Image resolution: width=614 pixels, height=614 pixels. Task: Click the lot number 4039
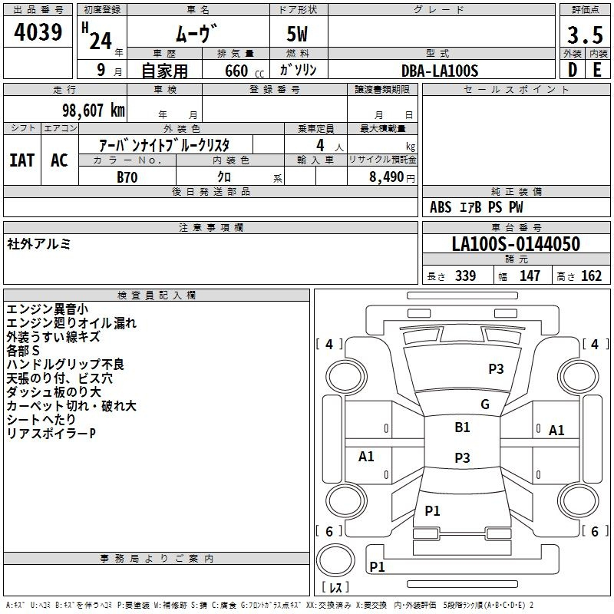click(x=38, y=32)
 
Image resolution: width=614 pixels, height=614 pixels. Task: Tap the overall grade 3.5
click(x=585, y=35)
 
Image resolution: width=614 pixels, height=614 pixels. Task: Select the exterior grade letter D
click(x=573, y=70)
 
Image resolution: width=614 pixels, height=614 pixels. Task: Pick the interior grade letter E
click(x=597, y=70)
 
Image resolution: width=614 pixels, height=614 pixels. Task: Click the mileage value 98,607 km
click(x=94, y=111)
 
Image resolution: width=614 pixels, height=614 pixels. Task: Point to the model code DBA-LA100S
click(x=440, y=71)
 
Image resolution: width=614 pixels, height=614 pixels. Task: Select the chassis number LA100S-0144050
click(x=516, y=243)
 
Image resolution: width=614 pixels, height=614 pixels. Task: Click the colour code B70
click(x=127, y=177)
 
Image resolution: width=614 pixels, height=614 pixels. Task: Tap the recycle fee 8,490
click(x=386, y=177)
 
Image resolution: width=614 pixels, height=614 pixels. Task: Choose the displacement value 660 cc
click(x=244, y=71)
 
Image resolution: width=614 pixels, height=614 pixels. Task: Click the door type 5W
click(x=297, y=34)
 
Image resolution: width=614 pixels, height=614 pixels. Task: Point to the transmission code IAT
click(x=22, y=160)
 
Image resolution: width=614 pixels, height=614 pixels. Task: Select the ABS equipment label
click(x=441, y=207)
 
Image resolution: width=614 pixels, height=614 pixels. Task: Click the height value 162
click(x=591, y=276)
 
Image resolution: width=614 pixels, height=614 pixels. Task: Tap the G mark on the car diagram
click(x=485, y=404)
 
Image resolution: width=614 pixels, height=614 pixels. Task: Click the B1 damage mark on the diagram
click(x=462, y=427)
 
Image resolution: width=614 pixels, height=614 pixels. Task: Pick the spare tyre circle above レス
click(x=335, y=560)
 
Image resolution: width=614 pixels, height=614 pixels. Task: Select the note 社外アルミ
click(x=39, y=244)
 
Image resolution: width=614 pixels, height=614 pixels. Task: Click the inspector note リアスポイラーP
click(x=51, y=433)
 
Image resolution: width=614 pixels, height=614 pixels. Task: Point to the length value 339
click(x=465, y=276)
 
